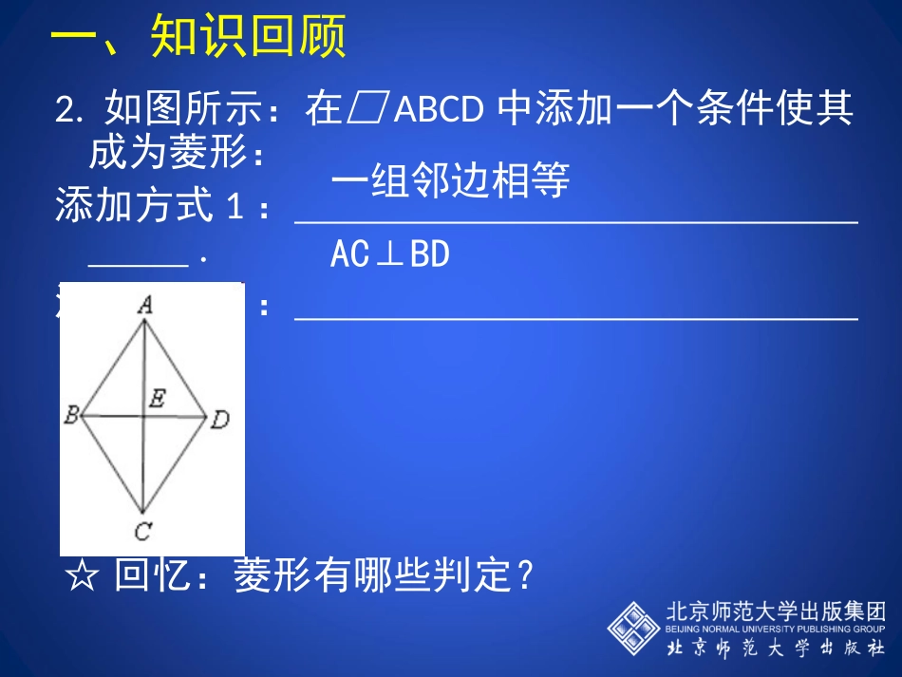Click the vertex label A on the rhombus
pyautogui.click(x=145, y=305)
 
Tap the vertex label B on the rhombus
pyautogui.click(x=70, y=415)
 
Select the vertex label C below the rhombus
pyautogui.click(x=141, y=531)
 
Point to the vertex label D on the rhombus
pyautogui.click(x=219, y=419)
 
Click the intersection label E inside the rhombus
pyautogui.click(x=157, y=399)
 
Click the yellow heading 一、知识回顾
pyautogui.click(x=197, y=39)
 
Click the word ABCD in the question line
pyautogui.click(x=438, y=112)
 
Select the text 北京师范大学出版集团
pyautogui.click(x=775, y=611)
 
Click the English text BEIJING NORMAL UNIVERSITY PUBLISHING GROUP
pyautogui.click(x=775, y=629)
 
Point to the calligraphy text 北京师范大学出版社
pyautogui.click(x=775, y=649)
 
